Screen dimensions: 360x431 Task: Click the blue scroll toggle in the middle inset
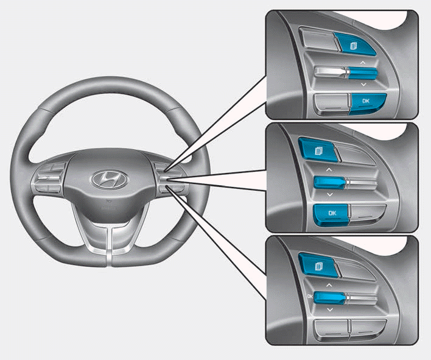click(329, 181)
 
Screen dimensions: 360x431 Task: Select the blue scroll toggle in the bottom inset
click(329, 297)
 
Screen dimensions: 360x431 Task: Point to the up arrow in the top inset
click(363, 62)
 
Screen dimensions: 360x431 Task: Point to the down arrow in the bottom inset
click(330, 310)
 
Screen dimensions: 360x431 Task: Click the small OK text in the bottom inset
click(310, 296)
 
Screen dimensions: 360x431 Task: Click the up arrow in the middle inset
click(329, 168)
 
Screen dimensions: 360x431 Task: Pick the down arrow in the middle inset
click(329, 194)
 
